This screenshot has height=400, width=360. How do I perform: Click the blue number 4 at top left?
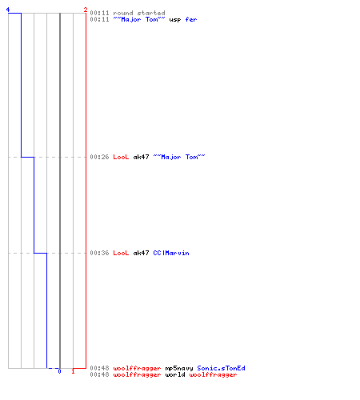coord(8,10)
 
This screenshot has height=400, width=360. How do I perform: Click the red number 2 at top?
coord(86,10)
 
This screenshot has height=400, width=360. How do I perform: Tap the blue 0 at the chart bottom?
coord(59,371)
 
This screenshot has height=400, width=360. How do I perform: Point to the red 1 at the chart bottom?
coord(73,371)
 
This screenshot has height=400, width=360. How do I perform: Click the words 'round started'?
coord(139,13)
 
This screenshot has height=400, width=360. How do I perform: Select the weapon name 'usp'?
coord(175,20)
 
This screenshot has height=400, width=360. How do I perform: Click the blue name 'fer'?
coord(191,19)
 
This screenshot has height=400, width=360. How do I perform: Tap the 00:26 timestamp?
coord(99,157)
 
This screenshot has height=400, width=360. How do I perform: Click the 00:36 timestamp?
coord(99,253)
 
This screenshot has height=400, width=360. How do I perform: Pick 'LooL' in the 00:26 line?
coord(121,157)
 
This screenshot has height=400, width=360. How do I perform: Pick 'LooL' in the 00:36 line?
coord(121,253)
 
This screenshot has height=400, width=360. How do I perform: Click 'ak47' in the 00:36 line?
coord(141,253)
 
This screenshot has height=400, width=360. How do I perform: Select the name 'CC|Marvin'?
coord(171,253)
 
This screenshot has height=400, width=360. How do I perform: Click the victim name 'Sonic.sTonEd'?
coord(221,368)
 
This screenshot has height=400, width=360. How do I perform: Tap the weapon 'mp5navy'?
coord(179,369)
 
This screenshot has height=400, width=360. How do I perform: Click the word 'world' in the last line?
coord(175,374)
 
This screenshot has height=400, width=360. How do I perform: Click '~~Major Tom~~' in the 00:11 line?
coord(139,19)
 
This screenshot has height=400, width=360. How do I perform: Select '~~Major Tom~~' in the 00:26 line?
coord(179,157)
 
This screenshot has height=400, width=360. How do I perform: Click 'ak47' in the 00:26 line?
coord(141,157)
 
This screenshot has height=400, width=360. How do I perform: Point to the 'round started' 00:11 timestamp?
coord(99,13)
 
